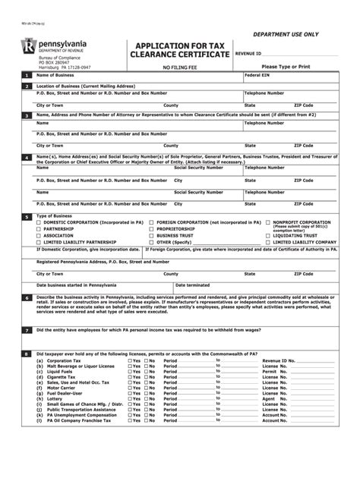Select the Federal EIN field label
257,77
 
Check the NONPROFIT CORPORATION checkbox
267,222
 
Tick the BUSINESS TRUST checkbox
153,235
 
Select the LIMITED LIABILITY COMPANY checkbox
267,242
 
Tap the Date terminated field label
191,285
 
